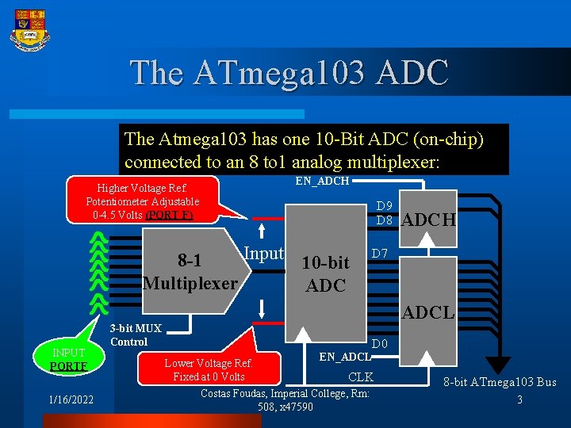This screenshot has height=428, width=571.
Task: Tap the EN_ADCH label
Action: click(322, 182)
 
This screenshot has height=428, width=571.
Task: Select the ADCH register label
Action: click(429, 220)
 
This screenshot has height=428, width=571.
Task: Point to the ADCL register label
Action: click(428, 313)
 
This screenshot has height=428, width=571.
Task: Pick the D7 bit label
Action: click(380, 254)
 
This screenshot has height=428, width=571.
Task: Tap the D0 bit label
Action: click(381, 344)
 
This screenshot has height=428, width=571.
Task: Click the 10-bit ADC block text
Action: click(325, 273)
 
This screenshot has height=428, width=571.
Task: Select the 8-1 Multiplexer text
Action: click(190, 272)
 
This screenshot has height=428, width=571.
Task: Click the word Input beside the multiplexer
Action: click(263, 254)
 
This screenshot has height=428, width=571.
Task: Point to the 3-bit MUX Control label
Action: click(135, 335)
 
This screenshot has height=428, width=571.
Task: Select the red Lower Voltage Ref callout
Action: click(209, 369)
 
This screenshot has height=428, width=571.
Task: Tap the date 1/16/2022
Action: click(71, 399)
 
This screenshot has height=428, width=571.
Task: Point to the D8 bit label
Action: click(385, 220)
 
